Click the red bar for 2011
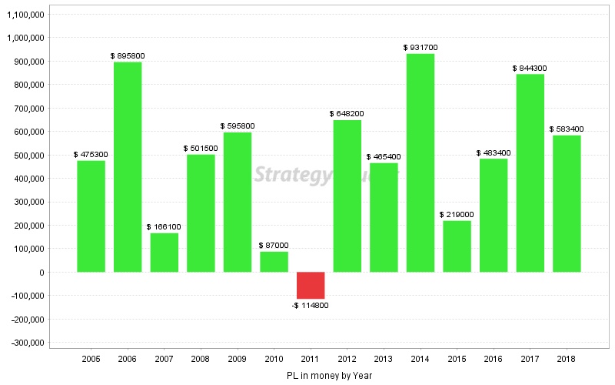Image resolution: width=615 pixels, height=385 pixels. click(311, 285)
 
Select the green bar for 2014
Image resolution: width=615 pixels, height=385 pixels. click(421, 162)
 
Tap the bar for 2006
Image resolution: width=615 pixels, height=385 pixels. click(128, 166)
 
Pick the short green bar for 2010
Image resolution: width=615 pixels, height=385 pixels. click(274, 262)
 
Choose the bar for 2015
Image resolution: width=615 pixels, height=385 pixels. click(457, 246)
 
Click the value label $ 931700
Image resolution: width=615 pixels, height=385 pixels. click(421, 48)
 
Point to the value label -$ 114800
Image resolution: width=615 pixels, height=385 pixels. click(311, 306)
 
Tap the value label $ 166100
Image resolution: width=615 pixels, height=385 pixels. click(164, 227)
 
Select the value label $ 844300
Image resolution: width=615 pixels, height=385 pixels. click(530, 69)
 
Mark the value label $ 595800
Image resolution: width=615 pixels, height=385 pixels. click(238, 126)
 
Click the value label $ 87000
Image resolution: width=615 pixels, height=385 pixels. click(274, 246)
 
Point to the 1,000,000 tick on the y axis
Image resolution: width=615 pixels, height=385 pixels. click(25, 38)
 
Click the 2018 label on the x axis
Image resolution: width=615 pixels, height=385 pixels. click(567, 359)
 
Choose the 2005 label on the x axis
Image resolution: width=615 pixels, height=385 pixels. click(91, 359)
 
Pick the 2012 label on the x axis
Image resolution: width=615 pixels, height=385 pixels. click(347, 359)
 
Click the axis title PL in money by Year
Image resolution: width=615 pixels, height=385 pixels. click(328, 375)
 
